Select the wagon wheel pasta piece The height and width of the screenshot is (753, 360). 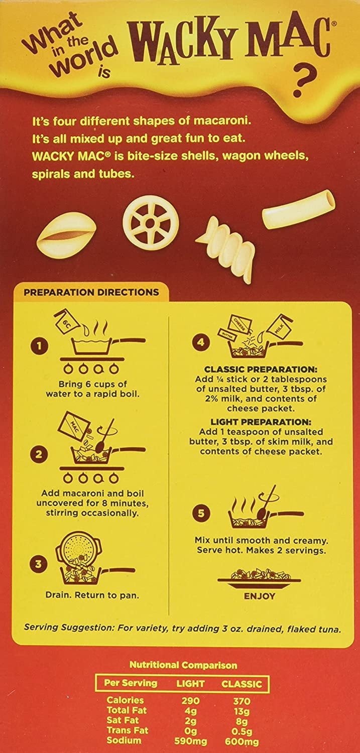click(x=151, y=223)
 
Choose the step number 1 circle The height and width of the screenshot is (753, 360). click(x=40, y=346)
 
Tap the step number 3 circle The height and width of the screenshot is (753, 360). click(x=39, y=563)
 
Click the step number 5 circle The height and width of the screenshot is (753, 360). click(x=201, y=514)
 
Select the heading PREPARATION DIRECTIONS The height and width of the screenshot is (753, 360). click(x=91, y=292)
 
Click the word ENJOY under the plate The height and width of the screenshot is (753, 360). click(x=259, y=606)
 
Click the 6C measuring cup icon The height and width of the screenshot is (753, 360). click(x=67, y=322)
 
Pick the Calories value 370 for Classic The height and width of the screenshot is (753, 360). click(x=242, y=701)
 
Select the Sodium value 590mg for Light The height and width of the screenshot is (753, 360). click(x=191, y=740)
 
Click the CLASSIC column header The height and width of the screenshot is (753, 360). click(x=242, y=683)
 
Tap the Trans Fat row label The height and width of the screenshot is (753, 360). click(x=128, y=730)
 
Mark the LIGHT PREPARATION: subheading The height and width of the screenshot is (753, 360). click(x=261, y=422)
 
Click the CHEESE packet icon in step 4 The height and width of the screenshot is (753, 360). click(x=239, y=323)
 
